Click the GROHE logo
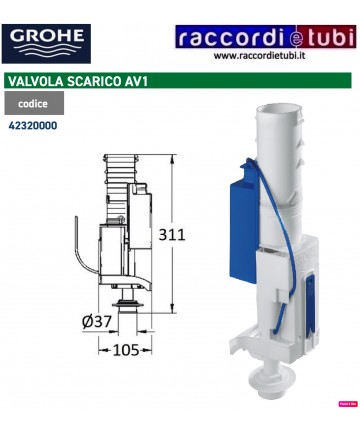click(x=47, y=43)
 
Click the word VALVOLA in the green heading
click(x=37, y=80)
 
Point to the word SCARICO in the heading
click(x=101, y=80)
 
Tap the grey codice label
click(x=33, y=103)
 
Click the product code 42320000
click(x=32, y=127)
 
